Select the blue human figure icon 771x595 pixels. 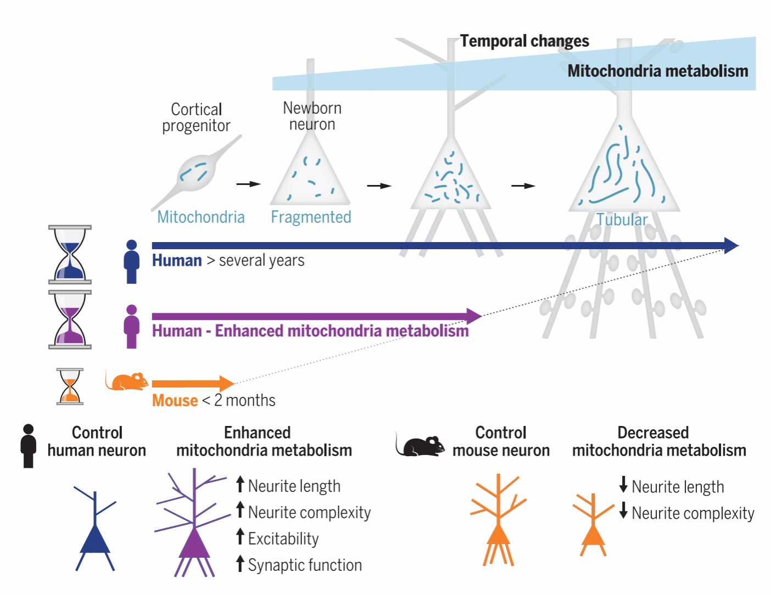click(131, 262)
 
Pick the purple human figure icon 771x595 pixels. click(131, 327)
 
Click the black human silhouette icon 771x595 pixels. click(29, 446)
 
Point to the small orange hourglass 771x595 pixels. click(70, 386)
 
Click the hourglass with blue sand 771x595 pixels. click(70, 255)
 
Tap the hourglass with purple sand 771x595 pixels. click(70, 319)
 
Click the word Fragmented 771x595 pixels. click(311, 217)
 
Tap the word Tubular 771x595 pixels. click(622, 220)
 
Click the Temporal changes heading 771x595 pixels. click(524, 41)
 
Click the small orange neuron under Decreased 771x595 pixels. click(593, 524)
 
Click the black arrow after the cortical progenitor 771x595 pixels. click(248, 184)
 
